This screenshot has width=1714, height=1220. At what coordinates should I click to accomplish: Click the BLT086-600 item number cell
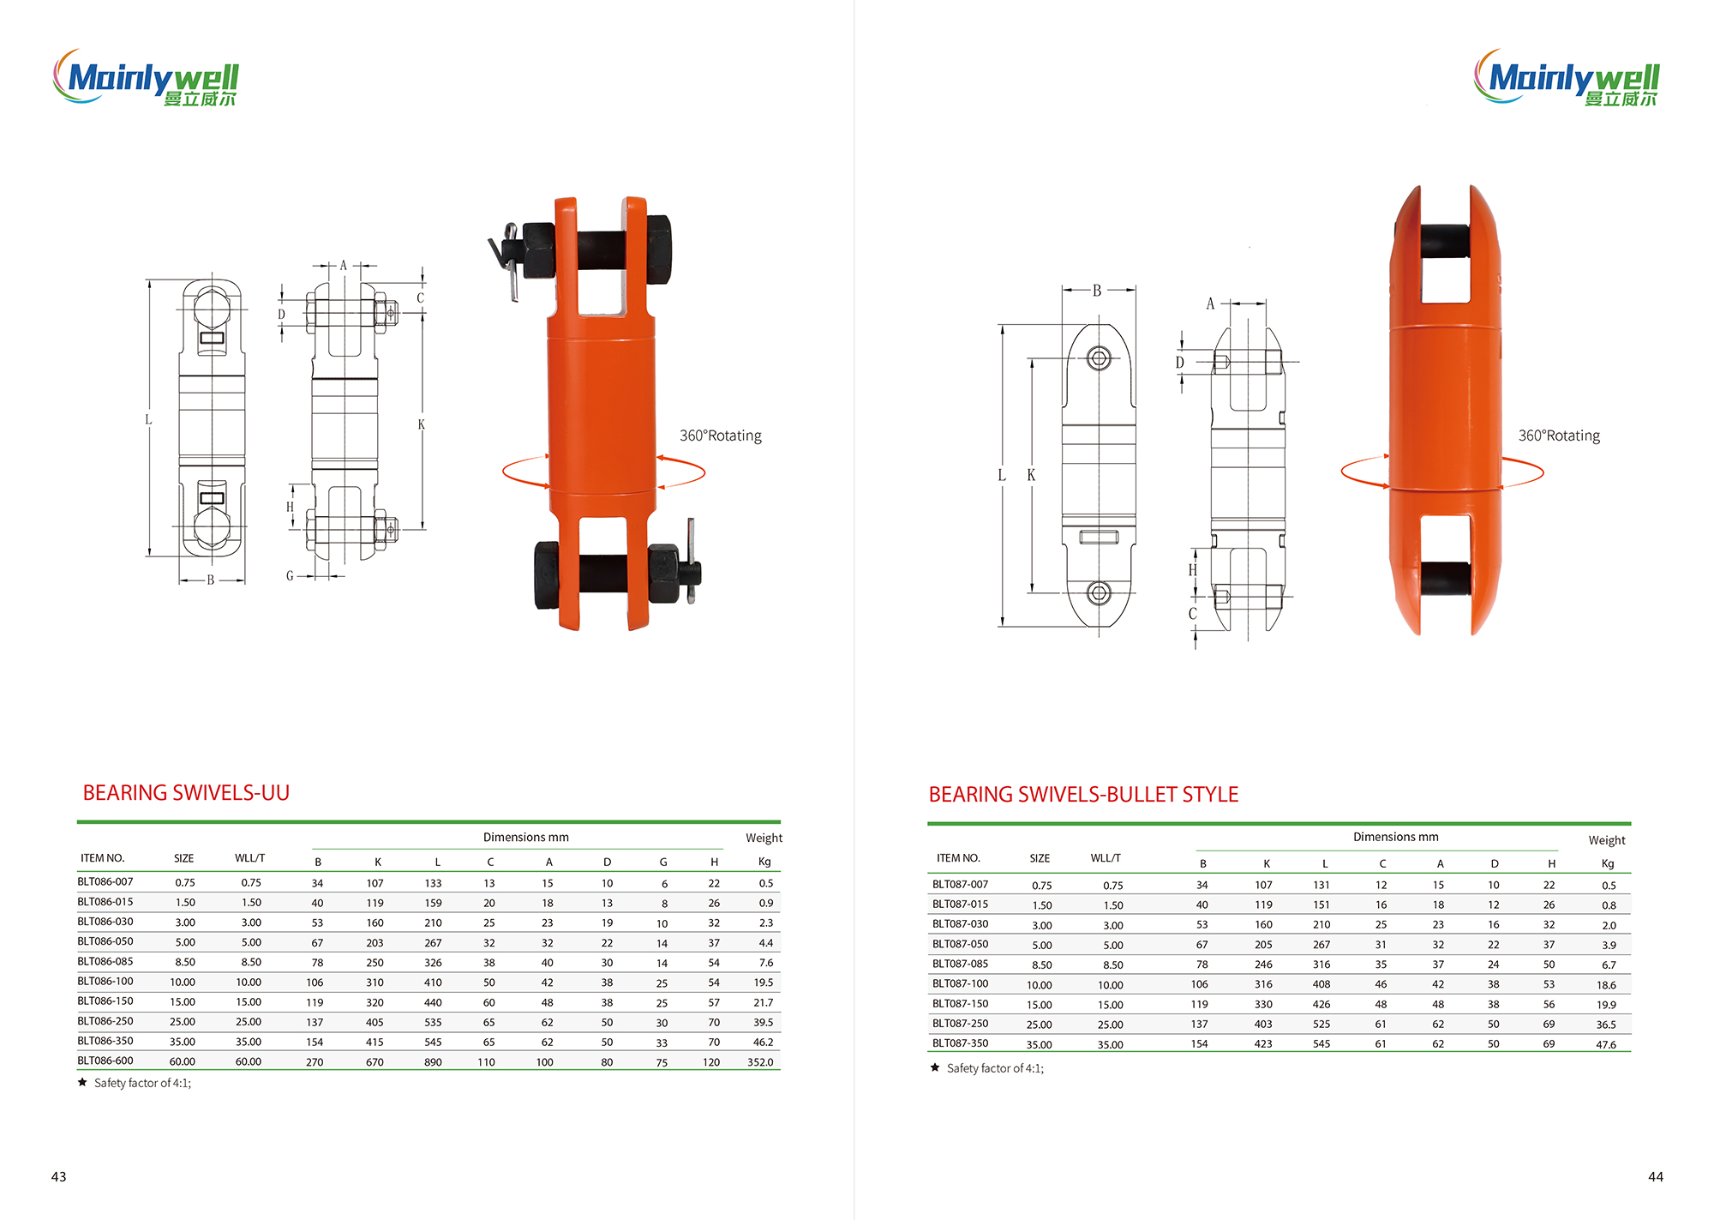point(105,1061)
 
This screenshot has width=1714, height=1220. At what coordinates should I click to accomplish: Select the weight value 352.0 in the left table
point(760,1062)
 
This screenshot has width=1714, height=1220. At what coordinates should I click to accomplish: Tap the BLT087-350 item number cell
point(961,1043)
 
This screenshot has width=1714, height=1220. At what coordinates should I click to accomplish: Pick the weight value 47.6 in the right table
point(1606,1045)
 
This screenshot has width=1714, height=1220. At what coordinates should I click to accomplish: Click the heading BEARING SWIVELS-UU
point(186,793)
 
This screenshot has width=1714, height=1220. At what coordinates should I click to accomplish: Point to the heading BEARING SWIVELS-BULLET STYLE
point(1083,795)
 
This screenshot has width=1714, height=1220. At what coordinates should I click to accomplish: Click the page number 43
point(59,1176)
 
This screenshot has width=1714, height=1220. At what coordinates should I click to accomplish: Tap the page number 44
point(1656,1176)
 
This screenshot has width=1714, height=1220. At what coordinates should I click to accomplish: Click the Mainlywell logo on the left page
point(146,77)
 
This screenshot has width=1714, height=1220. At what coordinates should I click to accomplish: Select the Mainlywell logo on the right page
point(1567,77)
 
